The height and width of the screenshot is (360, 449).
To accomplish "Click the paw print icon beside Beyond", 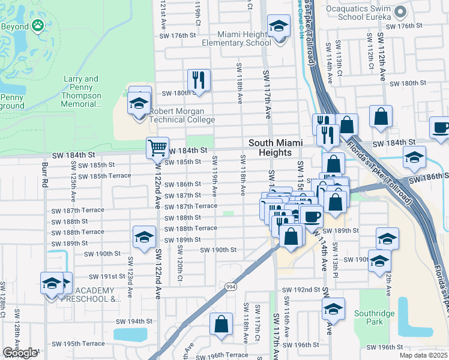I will click(x=38, y=26).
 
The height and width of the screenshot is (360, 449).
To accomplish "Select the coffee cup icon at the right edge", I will click(x=441, y=127).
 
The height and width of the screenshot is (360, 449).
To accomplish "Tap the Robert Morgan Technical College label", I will click(x=182, y=115).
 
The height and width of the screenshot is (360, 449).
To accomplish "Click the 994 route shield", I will click(x=230, y=287).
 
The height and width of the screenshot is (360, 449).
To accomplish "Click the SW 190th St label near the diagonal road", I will click(x=218, y=250).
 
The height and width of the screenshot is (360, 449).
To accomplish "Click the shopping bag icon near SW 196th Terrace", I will click(x=221, y=323).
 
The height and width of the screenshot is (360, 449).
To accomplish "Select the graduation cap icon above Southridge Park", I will click(x=333, y=308).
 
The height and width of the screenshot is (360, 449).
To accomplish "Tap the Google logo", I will click(x=20, y=353).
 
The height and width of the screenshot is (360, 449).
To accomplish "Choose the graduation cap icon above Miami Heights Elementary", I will click(x=278, y=26).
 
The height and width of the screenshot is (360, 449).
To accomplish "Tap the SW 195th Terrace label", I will click(x=78, y=344).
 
